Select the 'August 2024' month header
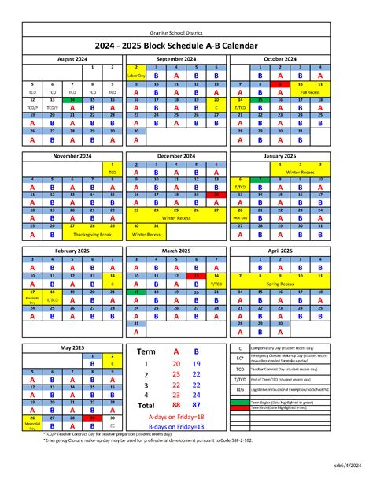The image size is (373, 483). pyautogui.click(x=72, y=58)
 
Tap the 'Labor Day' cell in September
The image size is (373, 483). pyautogui.click(x=137, y=76)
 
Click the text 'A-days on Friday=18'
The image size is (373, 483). pyautogui.click(x=175, y=417)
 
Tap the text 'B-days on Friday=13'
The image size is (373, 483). pyautogui.click(x=175, y=429)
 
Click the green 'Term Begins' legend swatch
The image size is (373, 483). pyautogui.click(x=239, y=401)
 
